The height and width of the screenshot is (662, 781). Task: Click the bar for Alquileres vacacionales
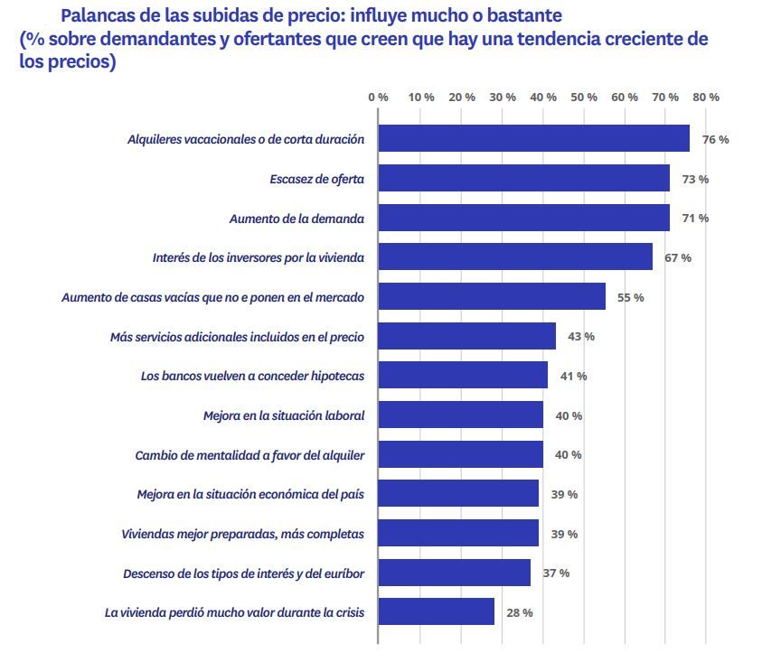pyautogui.click(x=533, y=138)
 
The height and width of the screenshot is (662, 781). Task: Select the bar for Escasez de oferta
pyautogui.click(x=523, y=178)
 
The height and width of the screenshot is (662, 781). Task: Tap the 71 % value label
pyautogui.click(x=695, y=219)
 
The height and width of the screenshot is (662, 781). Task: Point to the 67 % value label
pyautogui.click(x=678, y=257)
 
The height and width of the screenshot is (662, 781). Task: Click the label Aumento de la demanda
pyautogui.click(x=296, y=219)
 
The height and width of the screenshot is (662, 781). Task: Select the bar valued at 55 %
pyautogui.click(x=492, y=296)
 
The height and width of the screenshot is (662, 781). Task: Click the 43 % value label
pyautogui.click(x=580, y=336)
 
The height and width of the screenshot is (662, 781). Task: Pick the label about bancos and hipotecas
pyautogui.click(x=252, y=376)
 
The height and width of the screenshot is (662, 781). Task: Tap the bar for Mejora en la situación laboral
pyautogui.click(x=460, y=415)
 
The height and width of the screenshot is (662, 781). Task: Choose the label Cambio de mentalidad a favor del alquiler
pyautogui.click(x=249, y=454)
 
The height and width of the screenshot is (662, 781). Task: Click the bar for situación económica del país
pyautogui.click(x=458, y=493)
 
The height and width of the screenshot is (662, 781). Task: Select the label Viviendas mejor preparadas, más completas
pyautogui.click(x=242, y=534)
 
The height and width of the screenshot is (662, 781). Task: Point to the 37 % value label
pyautogui.click(x=556, y=573)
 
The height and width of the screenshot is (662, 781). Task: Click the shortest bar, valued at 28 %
pyautogui.click(x=436, y=611)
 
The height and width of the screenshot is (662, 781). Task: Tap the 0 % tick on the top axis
pyautogui.click(x=378, y=97)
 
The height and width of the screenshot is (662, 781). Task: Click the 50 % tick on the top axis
pyautogui.click(x=584, y=97)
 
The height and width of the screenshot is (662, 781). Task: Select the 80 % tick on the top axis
pyautogui.click(x=707, y=97)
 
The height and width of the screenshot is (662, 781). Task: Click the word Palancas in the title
pyautogui.click(x=97, y=16)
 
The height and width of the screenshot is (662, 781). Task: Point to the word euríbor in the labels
pyautogui.click(x=343, y=573)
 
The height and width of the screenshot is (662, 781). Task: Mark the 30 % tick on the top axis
pyautogui.click(x=502, y=97)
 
